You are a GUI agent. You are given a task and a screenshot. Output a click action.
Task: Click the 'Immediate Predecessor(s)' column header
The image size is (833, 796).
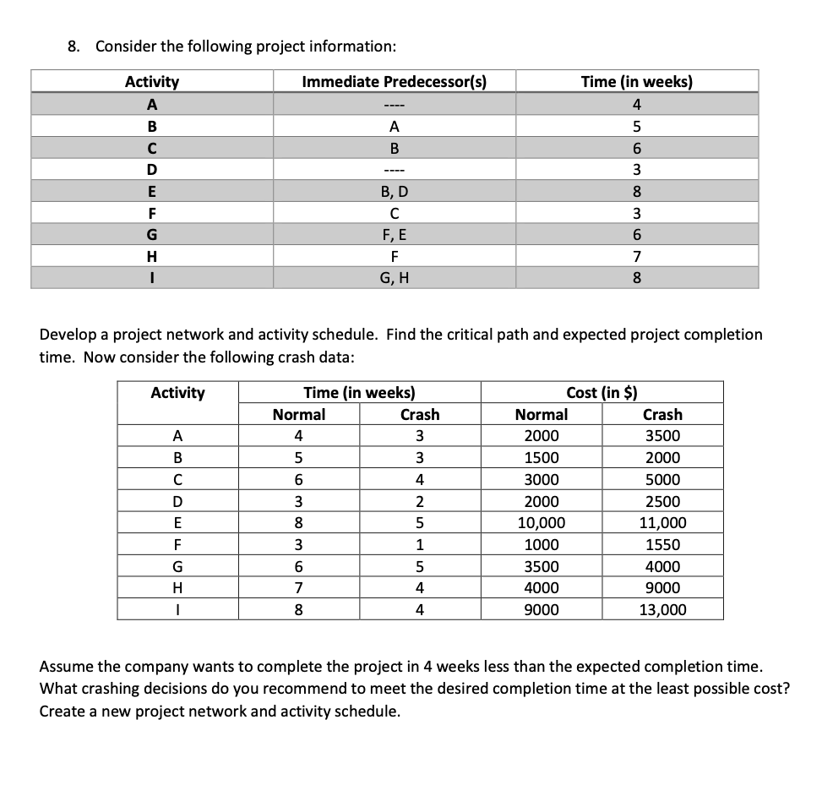pyautogui.click(x=394, y=82)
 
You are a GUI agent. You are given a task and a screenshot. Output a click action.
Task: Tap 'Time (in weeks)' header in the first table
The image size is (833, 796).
pyautogui.click(x=636, y=82)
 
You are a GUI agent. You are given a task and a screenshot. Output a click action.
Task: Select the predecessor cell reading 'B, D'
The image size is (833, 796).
pyautogui.click(x=394, y=191)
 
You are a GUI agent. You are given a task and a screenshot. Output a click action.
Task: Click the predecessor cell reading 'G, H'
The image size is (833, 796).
pyautogui.click(x=394, y=277)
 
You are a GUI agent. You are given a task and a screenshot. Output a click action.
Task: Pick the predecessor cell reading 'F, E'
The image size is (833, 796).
pyautogui.click(x=394, y=234)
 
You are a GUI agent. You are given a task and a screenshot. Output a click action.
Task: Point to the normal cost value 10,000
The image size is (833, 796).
pyautogui.click(x=542, y=523)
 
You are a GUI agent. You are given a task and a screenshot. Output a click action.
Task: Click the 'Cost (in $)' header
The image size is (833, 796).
pyautogui.click(x=602, y=392)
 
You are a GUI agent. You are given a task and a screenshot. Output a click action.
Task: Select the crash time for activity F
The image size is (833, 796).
pyautogui.click(x=420, y=545)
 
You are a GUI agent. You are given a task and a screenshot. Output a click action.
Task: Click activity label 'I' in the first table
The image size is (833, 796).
pyautogui.click(x=152, y=277)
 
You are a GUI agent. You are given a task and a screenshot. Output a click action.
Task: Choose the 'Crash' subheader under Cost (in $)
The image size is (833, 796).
pyautogui.click(x=662, y=414)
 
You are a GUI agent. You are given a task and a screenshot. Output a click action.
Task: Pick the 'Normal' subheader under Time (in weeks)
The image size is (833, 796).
pyautogui.click(x=299, y=414)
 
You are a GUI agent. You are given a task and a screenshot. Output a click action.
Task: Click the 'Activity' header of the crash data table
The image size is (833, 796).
pyautogui.click(x=177, y=392)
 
